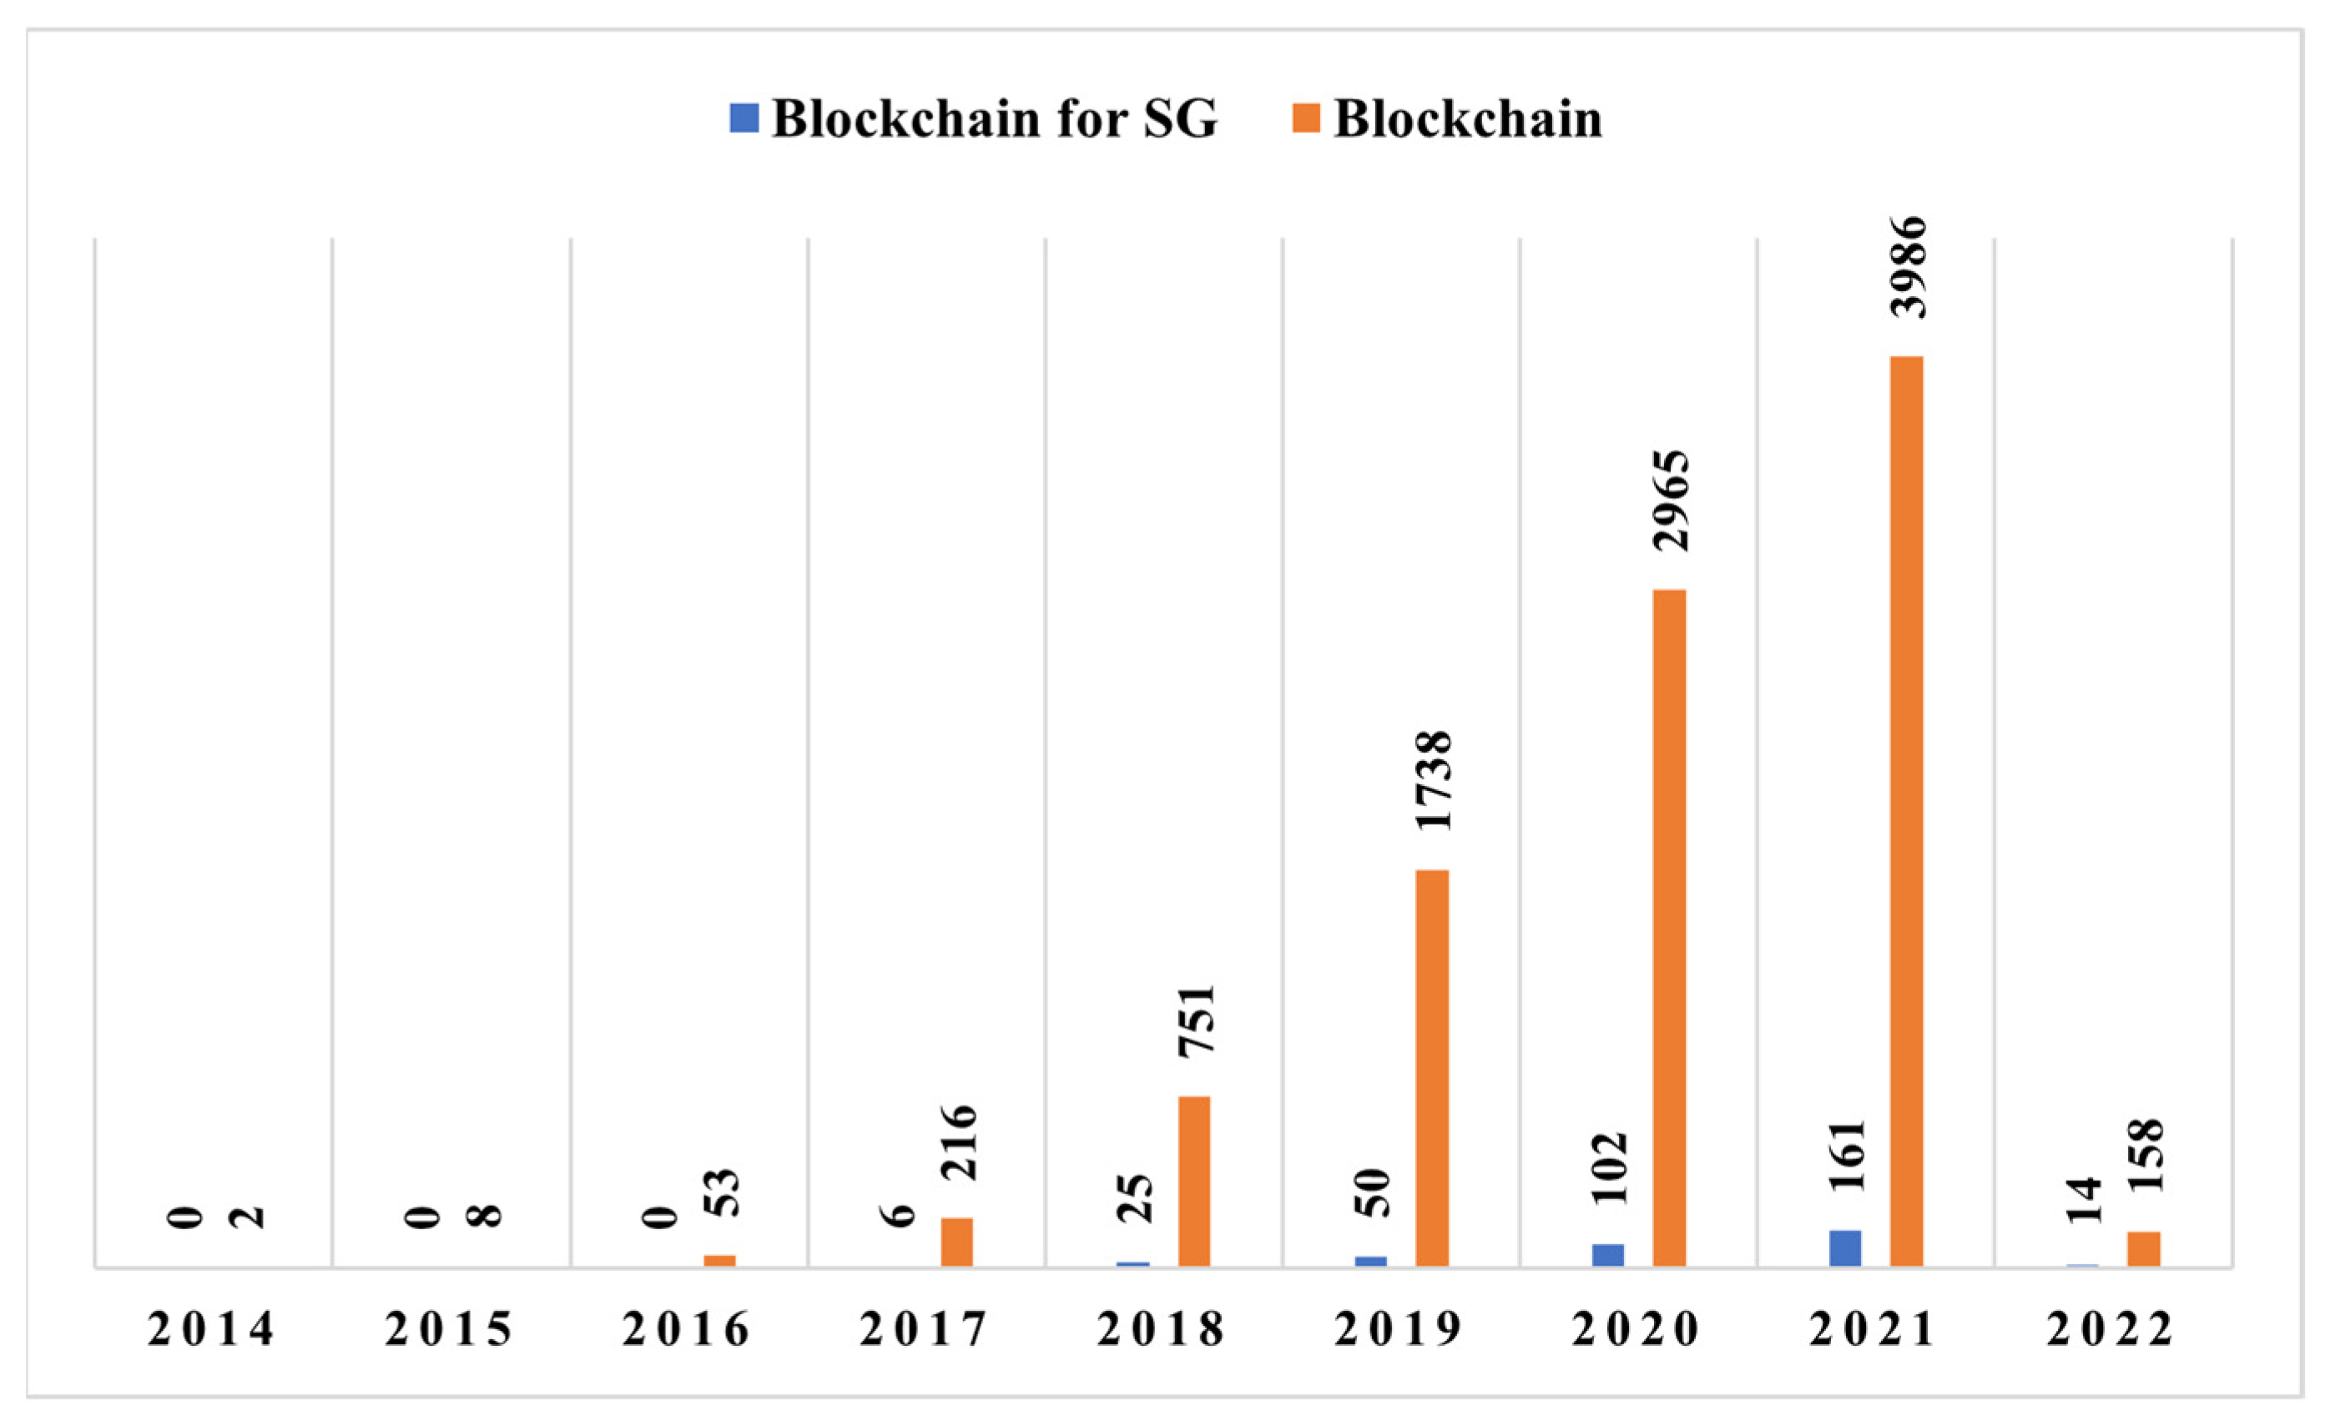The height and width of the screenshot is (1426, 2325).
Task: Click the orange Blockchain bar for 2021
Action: point(1906,812)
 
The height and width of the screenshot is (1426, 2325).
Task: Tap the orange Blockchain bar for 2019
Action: point(1431,1067)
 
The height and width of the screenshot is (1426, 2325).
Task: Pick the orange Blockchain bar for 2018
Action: point(1193,1181)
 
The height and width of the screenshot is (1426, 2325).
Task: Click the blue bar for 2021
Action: point(1844,1248)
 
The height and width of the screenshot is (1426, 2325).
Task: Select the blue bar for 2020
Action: point(1608,1255)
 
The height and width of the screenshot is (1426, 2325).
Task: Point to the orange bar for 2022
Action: point(2144,1248)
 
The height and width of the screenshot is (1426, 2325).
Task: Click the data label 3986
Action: point(1906,266)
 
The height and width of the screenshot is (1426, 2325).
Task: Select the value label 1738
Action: point(1432,779)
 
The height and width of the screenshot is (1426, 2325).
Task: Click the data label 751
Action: point(1196,1020)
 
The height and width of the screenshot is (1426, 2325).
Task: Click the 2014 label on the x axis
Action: point(211,1330)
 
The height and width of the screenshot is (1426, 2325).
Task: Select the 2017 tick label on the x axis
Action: point(924,1330)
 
